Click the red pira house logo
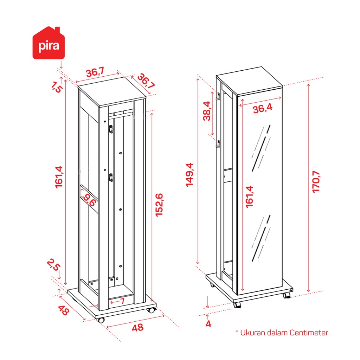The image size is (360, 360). pyautogui.click(x=49, y=43)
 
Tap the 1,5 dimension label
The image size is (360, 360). pyautogui.click(x=56, y=87)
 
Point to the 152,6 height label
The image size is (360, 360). pyautogui.click(x=159, y=205)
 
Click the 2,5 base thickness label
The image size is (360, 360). pyautogui.click(x=54, y=265)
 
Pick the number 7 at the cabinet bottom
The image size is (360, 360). pyautogui.click(x=122, y=301)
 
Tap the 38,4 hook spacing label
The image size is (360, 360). pyautogui.click(x=207, y=111)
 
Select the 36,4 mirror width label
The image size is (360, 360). pyautogui.click(x=263, y=108)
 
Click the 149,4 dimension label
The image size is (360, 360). pyautogui.click(x=189, y=175)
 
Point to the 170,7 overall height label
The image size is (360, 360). pyautogui.click(x=316, y=182)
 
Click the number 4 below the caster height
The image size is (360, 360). pyautogui.click(x=208, y=324)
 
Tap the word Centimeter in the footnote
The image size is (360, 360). pyautogui.click(x=309, y=333)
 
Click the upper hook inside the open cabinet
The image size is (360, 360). pyautogui.click(x=111, y=129)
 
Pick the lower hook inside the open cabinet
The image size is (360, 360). pyautogui.click(x=111, y=178)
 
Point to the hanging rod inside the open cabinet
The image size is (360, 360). pyautogui.click(x=121, y=114)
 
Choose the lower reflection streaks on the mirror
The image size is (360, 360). pyautogui.click(x=261, y=238)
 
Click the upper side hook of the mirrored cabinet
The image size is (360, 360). pyautogui.click(x=218, y=96)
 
